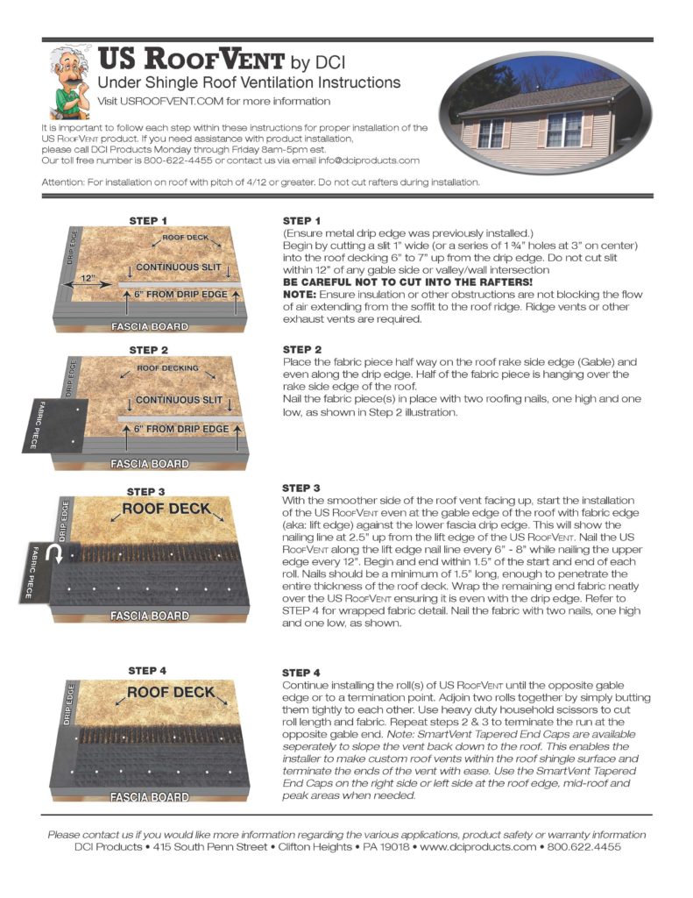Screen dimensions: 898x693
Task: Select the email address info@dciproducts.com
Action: point(364,160)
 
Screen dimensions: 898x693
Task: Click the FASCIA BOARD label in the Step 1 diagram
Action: point(151,326)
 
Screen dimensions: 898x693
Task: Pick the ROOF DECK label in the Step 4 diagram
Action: point(170,692)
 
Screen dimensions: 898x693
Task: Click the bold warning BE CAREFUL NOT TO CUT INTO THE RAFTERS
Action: point(407,282)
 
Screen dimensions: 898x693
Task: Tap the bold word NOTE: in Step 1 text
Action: point(300,294)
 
